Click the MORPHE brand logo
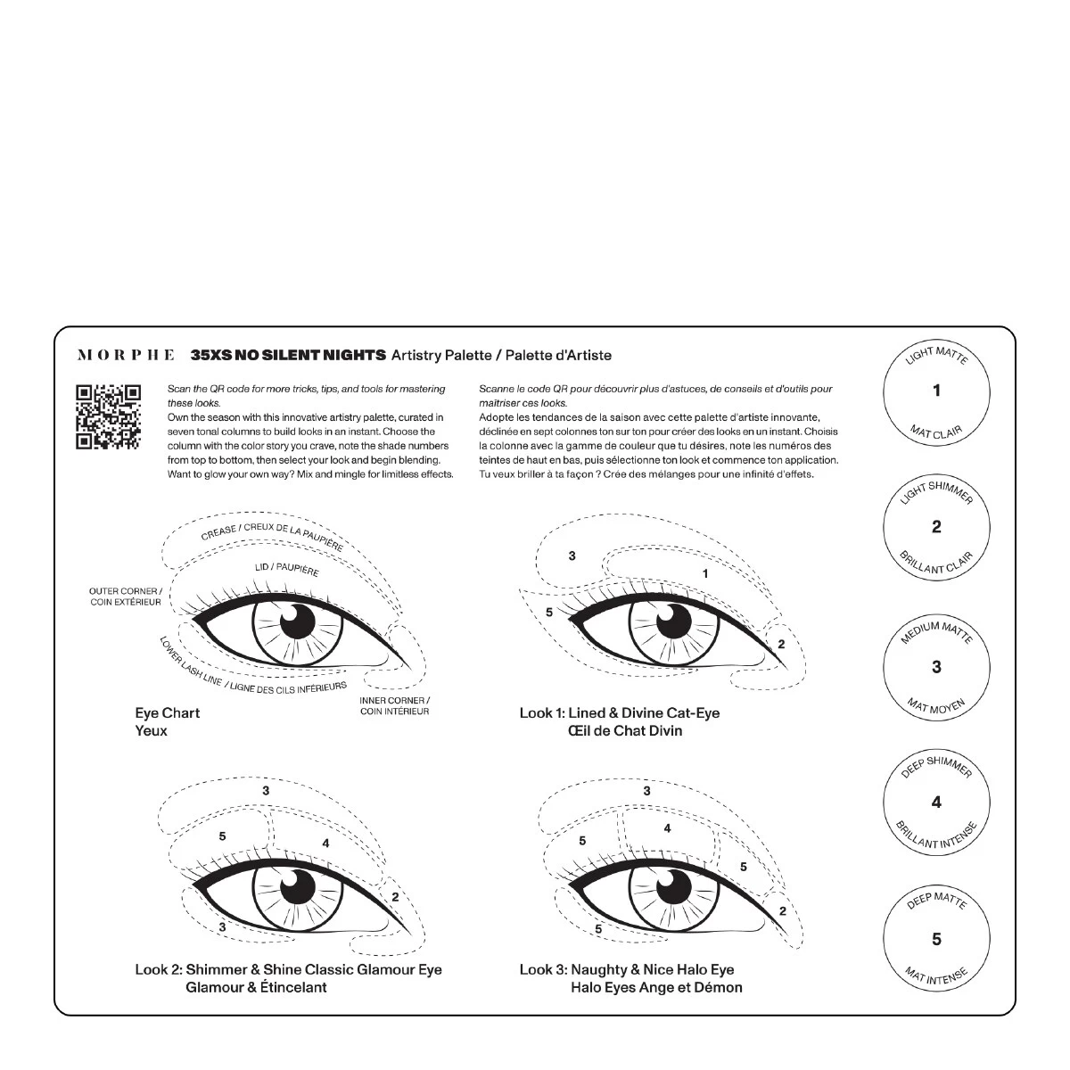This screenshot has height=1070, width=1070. point(126,355)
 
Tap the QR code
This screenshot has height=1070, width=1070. point(108,416)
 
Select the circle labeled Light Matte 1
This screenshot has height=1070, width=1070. point(936,391)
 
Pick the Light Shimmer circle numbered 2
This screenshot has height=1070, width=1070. point(936,527)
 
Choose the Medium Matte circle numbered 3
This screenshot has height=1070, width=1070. point(936,666)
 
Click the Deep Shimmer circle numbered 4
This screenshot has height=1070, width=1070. point(936,802)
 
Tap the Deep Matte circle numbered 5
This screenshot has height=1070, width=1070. point(936,939)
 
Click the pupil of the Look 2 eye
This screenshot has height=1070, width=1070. point(298,886)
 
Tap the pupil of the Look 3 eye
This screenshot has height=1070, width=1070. point(675,886)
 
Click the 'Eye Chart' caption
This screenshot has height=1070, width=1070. point(168,712)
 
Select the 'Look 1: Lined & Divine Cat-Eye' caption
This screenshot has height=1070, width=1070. point(620,712)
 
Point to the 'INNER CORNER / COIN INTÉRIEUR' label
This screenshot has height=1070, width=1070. point(394,705)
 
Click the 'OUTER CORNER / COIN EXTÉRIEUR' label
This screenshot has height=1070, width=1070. point(126,597)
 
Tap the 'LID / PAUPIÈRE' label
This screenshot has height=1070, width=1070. point(286,567)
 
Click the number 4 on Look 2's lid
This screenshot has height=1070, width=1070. point(326,843)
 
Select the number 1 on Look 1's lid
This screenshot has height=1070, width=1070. point(705,573)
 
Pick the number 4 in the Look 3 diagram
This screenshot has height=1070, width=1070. point(667,828)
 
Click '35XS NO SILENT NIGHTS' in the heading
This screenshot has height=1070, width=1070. point(288,355)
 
